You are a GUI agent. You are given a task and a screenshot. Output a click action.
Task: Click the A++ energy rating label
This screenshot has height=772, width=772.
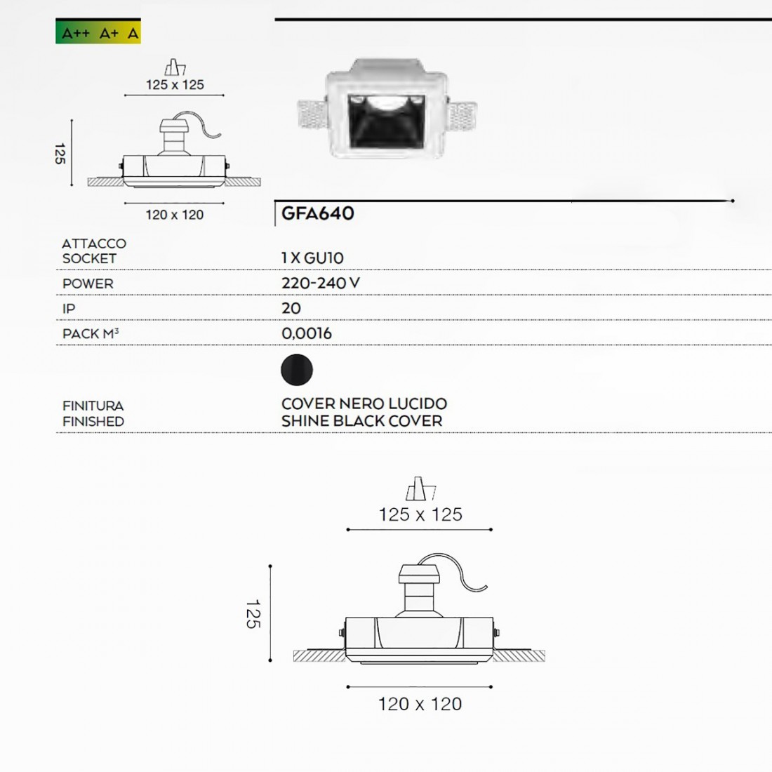pyautogui.click(x=75, y=34)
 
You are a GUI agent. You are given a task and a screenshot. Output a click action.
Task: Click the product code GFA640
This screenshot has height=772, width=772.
pyautogui.click(x=317, y=213)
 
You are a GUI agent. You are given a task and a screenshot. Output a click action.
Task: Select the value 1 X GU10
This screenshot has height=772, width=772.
pyautogui.click(x=312, y=258)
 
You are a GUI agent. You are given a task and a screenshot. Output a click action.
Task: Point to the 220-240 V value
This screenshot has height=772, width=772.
pyautogui.click(x=321, y=283)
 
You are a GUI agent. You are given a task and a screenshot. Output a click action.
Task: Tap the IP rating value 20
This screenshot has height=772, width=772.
pyautogui.click(x=291, y=308)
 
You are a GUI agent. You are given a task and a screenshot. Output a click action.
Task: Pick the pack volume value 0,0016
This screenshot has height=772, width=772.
pyautogui.click(x=307, y=333)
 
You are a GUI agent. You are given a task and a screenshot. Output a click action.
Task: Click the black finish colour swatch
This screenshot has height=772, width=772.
pyautogui.click(x=297, y=370)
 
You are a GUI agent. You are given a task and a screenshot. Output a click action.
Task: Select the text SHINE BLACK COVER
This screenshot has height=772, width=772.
pyautogui.click(x=362, y=421)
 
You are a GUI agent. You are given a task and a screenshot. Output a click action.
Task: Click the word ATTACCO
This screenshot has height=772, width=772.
pyautogui.click(x=94, y=244)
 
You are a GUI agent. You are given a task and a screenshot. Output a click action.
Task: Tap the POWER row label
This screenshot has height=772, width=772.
pyautogui.click(x=88, y=284)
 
